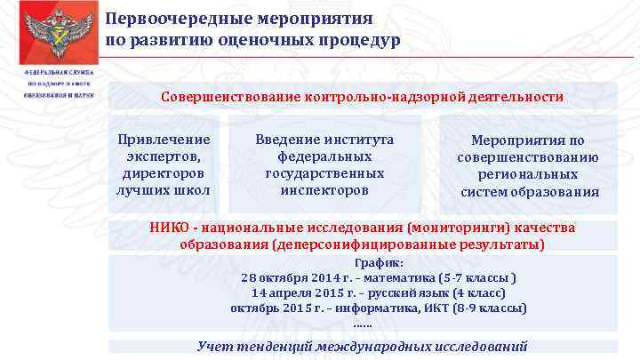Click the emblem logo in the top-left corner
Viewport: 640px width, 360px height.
point(52,32)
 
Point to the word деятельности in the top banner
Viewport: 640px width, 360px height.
point(519,97)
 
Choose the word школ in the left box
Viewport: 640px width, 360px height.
point(193,190)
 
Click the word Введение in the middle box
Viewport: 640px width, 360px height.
point(286,140)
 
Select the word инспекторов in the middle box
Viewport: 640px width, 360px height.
point(324,190)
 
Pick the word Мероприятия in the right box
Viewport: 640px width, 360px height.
point(528,140)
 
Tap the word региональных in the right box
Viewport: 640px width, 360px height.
point(530,174)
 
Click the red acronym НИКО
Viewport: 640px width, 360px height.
point(169,228)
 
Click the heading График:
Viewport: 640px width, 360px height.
point(380,263)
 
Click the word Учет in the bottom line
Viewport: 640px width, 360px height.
point(214,346)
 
